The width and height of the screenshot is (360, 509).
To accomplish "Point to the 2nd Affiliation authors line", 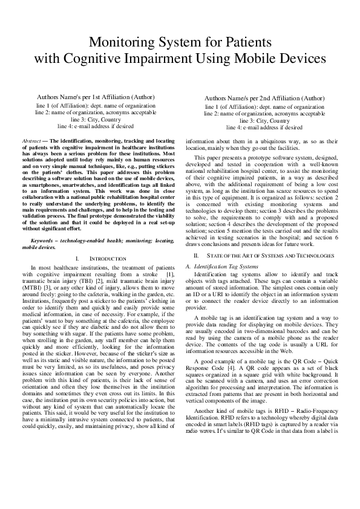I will (264, 98).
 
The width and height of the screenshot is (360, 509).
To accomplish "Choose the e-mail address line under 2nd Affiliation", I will (264, 128).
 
